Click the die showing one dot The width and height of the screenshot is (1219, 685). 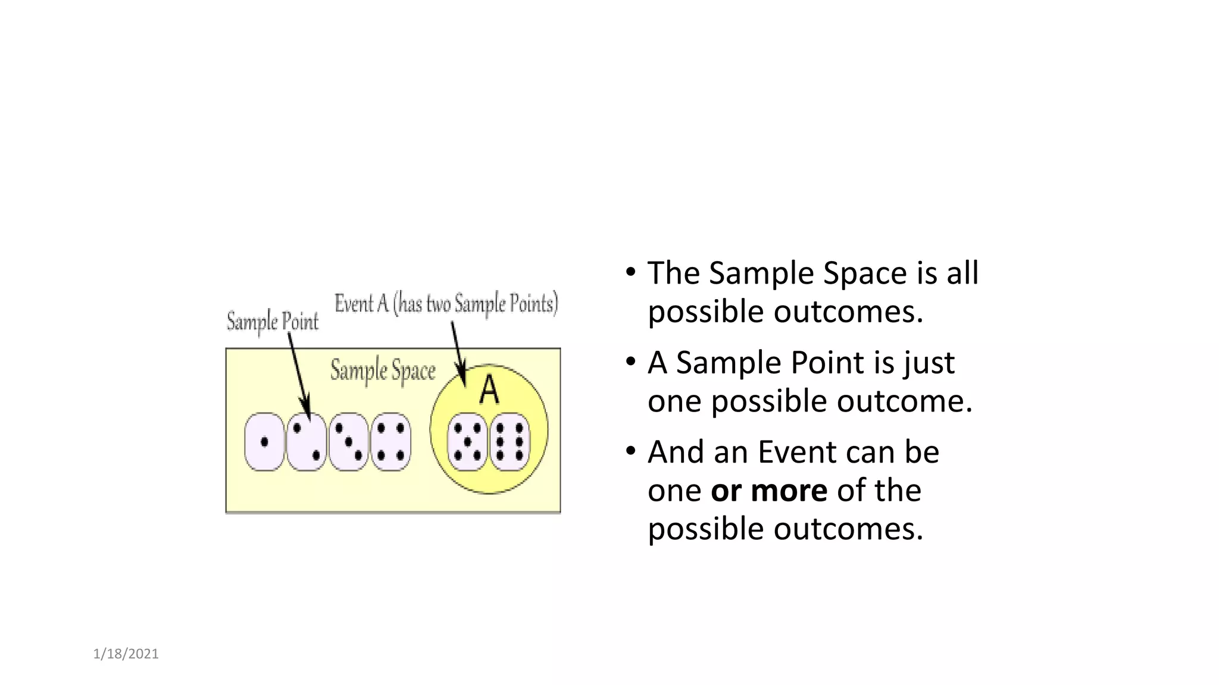(x=264, y=442)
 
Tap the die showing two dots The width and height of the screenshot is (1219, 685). (x=307, y=442)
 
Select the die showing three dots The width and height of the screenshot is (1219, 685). (x=349, y=442)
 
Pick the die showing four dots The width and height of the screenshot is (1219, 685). (x=391, y=442)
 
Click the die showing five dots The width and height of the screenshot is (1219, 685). (x=467, y=442)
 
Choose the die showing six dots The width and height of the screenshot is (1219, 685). (x=510, y=442)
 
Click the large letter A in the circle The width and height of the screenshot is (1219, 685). (x=489, y=390)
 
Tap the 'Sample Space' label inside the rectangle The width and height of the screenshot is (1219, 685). (x=383, y=371)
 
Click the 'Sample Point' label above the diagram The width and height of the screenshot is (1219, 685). (x=273, y=322)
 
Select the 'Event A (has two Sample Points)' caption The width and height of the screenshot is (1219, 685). (x=446, y=304)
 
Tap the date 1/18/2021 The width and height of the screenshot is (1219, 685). (x=126, y=654)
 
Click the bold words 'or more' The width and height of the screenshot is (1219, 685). (x=769, y=491)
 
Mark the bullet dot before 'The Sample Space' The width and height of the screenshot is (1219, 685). (x=631, y=273)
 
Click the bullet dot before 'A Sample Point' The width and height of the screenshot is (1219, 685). (x=631, y=362)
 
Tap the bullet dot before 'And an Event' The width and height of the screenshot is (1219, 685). (x=631, y=451)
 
